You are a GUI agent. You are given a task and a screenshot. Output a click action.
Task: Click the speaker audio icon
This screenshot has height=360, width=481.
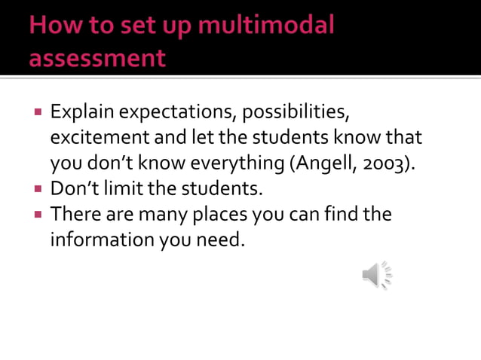coord(377,275)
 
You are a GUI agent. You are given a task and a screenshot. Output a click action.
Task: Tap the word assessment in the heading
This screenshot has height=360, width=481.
coord(97,58)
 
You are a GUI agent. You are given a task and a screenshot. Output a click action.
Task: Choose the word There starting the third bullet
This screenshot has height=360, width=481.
coord(73,214)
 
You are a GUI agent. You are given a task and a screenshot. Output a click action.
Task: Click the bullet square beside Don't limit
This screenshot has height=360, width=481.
coord(36,189)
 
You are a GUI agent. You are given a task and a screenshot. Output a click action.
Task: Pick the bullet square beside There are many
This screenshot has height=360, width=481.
coord(36,215)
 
